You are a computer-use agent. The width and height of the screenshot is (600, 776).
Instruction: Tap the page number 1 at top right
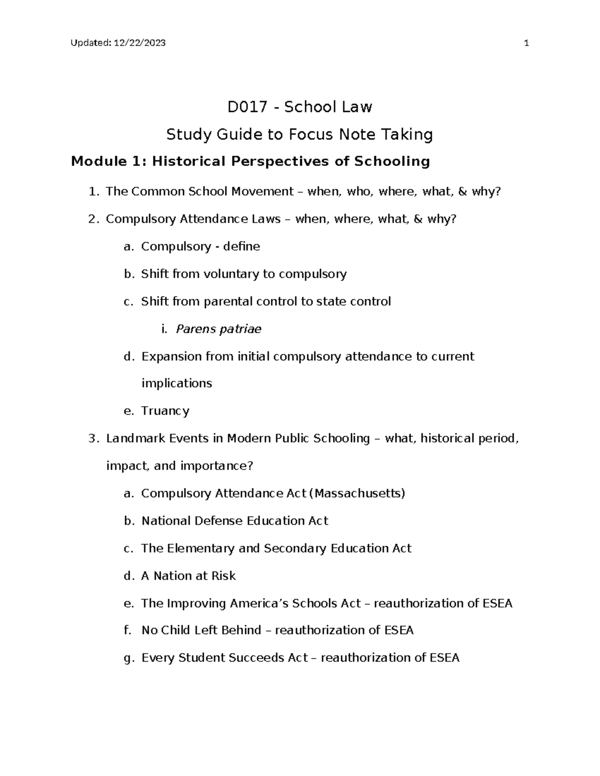point(525,43)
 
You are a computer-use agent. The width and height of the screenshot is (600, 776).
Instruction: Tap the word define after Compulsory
point(241,246)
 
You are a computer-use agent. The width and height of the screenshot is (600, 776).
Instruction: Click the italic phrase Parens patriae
point(218,329)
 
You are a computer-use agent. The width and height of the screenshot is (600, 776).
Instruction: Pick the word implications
point(177,383)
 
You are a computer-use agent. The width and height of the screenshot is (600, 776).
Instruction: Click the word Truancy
point(165,411)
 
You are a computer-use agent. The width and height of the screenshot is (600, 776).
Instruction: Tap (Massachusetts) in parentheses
point(357,493)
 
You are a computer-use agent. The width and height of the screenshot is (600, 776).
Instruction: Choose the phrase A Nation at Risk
point(188,576)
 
